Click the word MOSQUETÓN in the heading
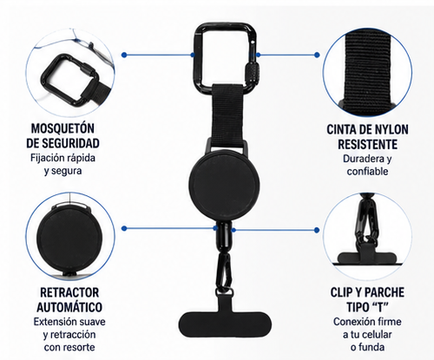[x=62, y=128]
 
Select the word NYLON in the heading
[x=390, y=129]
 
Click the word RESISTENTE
[x=367, y=144]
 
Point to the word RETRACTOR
[x=69, y=292]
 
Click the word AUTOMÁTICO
[x=69, y=307]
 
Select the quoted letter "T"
[x=378, y=307]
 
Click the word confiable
[x=367, y=171]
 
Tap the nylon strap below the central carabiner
[x=227, y=115]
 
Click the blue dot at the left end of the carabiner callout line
[x=124, y=55]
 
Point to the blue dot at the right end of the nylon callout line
[x=317, y=55]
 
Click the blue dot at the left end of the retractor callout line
[x=124, y=228]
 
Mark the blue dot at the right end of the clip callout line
[x=317, y=230]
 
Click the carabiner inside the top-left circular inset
[x=69, y=81]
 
